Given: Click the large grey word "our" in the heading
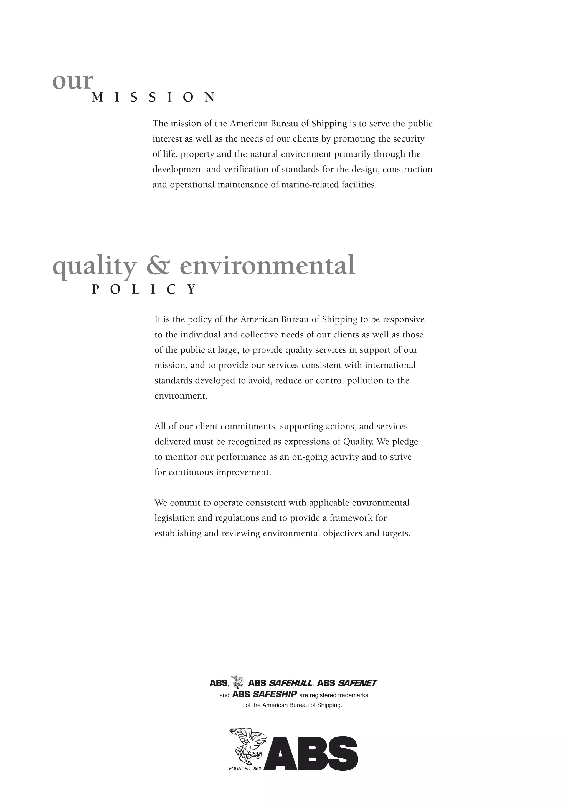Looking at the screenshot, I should coord(73,81).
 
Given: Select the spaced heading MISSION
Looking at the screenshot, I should coord(154,97).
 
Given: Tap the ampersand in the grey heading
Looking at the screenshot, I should coord(158,265).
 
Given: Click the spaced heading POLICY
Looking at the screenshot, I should coord(144,289).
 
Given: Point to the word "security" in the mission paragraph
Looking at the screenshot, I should coord(409,139).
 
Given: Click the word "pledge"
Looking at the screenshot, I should coord(405,442).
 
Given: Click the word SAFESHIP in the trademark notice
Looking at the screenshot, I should coord(275,694).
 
